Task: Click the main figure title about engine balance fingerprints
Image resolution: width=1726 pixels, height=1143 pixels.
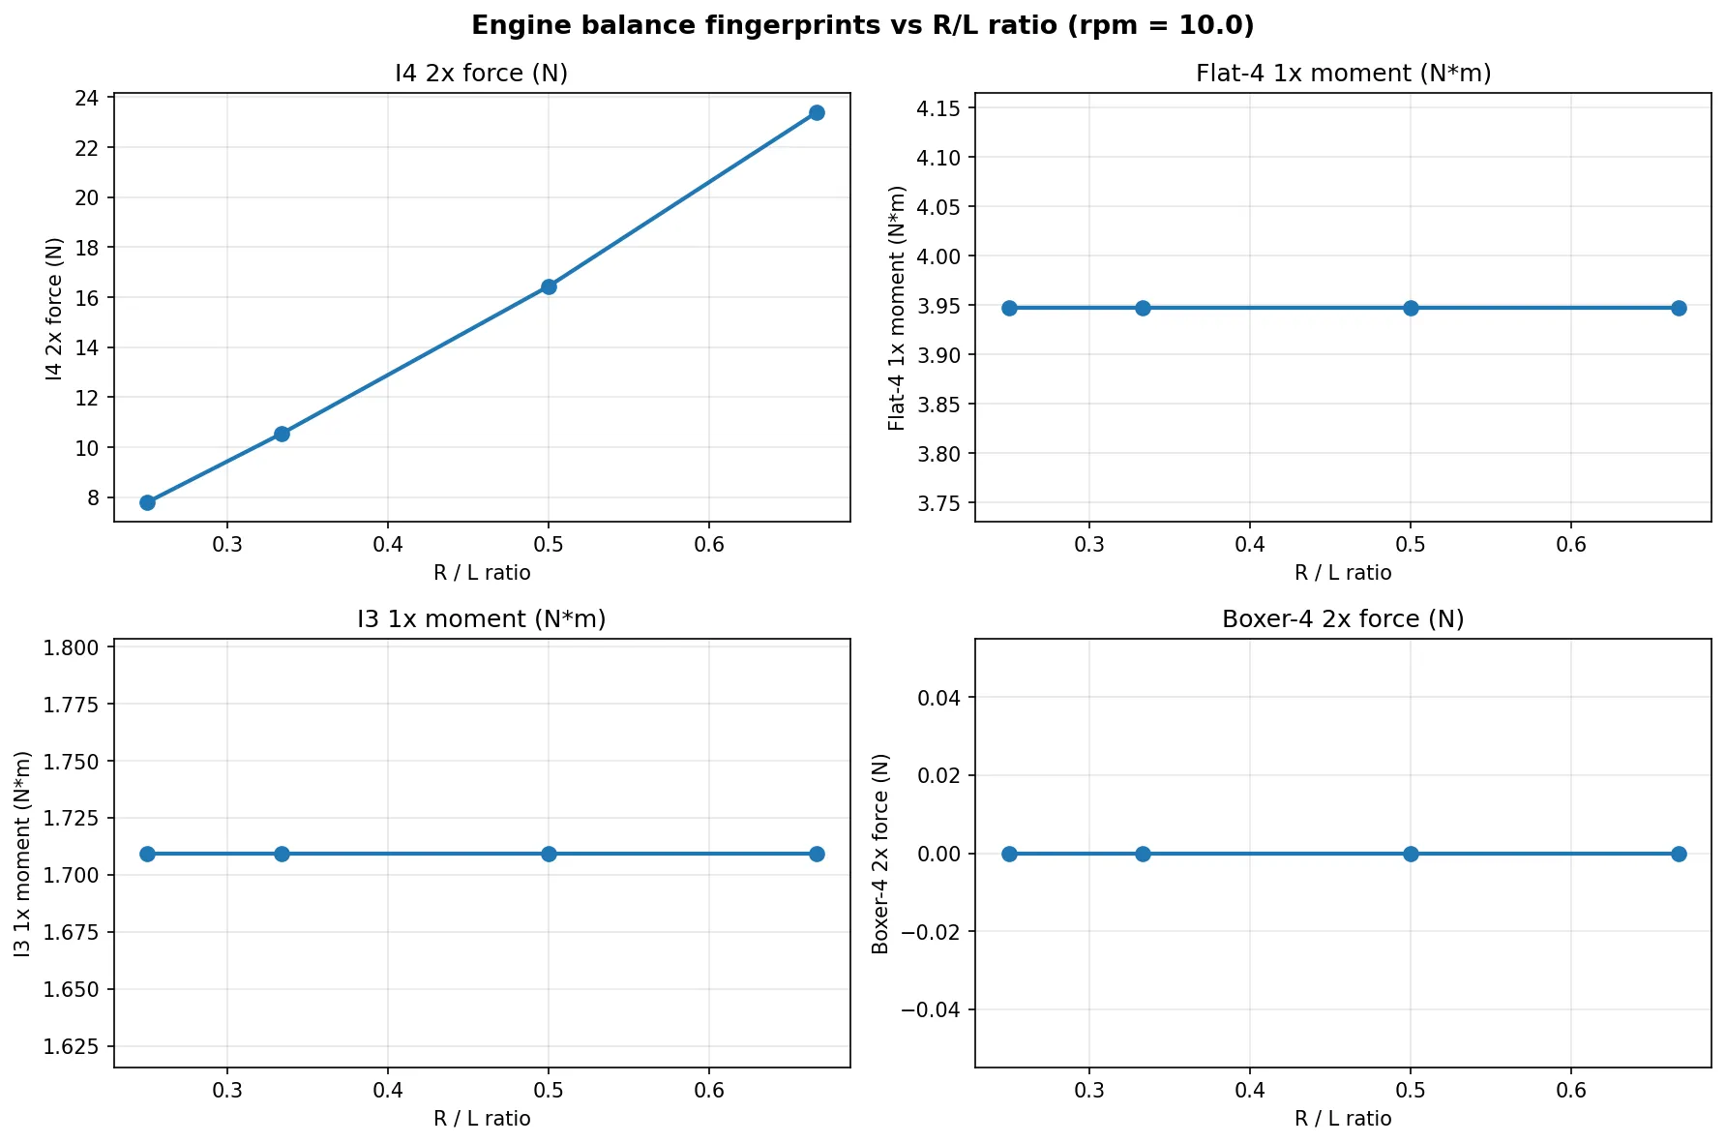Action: (862, 26)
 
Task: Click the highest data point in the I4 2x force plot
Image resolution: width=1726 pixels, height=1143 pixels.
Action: (817, 112)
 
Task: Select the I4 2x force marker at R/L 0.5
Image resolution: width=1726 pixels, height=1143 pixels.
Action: (549, 286)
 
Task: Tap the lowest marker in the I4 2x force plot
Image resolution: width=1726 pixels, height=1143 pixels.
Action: (147, 502)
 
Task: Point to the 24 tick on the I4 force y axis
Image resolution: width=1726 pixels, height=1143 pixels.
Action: (86, 98)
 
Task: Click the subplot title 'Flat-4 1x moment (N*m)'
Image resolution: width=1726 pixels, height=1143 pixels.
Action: (1343, 74)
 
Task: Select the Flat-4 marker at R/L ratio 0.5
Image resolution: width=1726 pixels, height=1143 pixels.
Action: (1411, 308)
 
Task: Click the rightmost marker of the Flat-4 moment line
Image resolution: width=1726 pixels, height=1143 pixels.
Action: (1679, 308)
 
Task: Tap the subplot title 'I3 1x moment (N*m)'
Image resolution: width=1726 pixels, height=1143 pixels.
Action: (482, 619)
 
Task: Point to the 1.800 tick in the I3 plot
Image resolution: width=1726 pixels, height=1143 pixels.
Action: (73, 647)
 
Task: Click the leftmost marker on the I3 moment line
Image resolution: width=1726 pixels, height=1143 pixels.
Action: (147, 854)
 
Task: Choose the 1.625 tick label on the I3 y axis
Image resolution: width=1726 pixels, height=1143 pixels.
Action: (73, 1046)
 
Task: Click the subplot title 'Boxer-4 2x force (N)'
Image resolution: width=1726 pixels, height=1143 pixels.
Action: (1343, 619)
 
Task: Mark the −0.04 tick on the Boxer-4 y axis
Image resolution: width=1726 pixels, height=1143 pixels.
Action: (933, 1009)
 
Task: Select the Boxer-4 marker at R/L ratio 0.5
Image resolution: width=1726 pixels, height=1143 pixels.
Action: (1411, 854)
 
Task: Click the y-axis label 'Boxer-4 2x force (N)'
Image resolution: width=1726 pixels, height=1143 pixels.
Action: (880, 854)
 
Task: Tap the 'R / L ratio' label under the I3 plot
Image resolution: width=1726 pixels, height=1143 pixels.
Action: (482, 1119)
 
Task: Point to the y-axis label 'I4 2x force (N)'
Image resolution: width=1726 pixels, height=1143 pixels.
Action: (54, 308)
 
